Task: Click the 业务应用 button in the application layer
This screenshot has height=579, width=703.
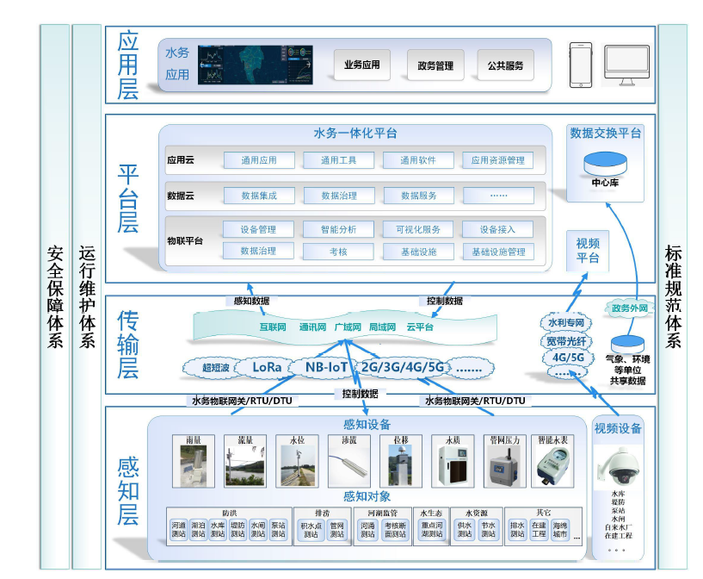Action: (x=361, y=65)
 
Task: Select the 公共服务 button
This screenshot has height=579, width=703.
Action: (x=505, y=65)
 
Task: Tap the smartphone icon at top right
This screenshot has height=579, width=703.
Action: (x=582, y=64)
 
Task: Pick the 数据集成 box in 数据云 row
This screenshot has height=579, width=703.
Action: (x=259, y=196)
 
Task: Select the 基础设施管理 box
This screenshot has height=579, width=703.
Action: (x=497, y=252)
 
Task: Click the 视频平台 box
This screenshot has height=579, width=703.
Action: (x=588, y=251)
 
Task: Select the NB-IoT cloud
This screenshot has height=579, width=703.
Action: (x=326, y=366)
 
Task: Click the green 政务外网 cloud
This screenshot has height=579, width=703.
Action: (x=628, y=308)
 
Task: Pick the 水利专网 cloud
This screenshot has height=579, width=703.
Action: (x=567, y=323)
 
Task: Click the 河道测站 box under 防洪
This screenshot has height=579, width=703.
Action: (x=178, y=529)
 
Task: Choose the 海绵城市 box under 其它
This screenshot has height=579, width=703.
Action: (x=561, y=529)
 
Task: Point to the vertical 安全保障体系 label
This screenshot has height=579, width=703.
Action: (x=55, y=297)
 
